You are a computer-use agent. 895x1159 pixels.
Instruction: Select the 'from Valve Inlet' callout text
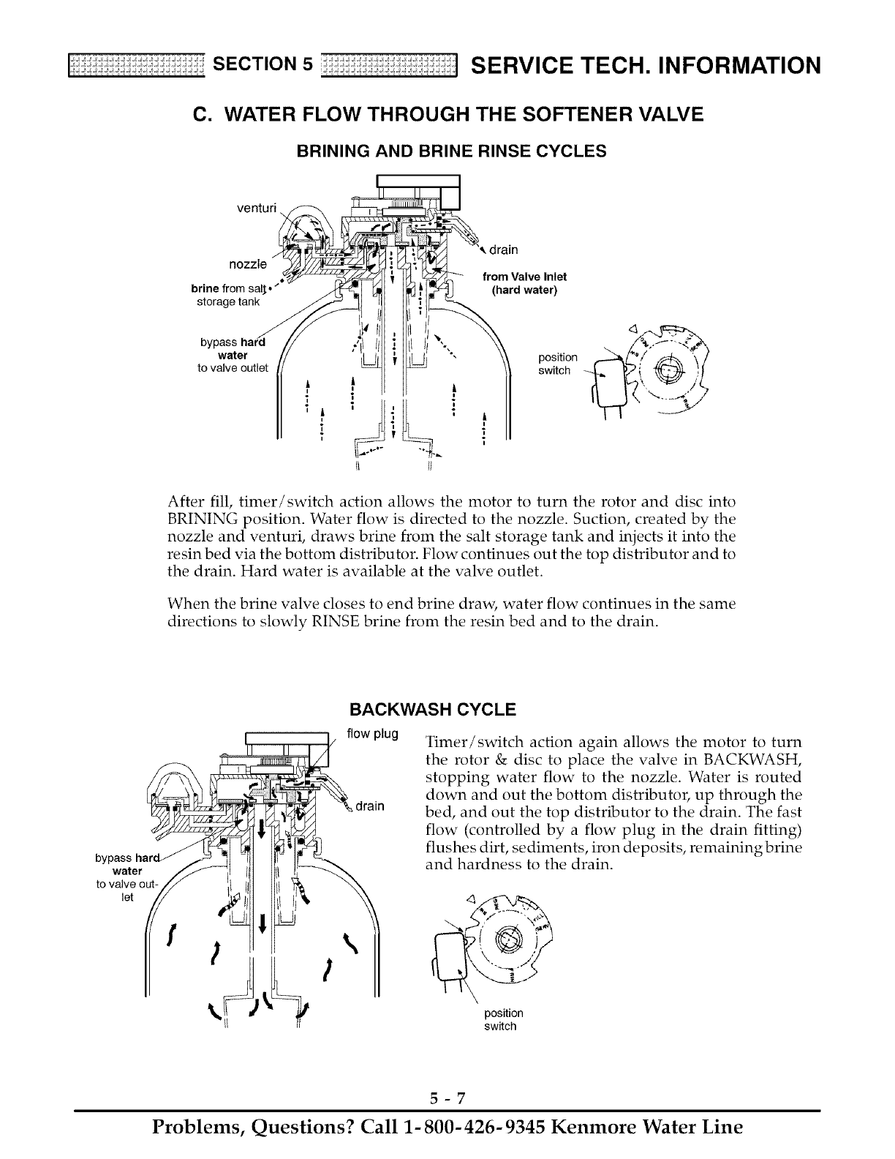(525, 276)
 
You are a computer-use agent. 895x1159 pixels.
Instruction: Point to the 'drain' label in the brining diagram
(503, 250)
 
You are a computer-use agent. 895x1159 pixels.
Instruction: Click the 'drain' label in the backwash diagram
(370, 806)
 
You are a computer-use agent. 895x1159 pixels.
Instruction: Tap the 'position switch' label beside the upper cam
(557, 364)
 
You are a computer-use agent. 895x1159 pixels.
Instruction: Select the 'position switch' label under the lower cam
(504, 1019)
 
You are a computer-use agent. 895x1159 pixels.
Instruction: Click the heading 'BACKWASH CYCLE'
(433, 710)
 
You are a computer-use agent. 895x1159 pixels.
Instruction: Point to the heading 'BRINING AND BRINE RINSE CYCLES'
(451, 151)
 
